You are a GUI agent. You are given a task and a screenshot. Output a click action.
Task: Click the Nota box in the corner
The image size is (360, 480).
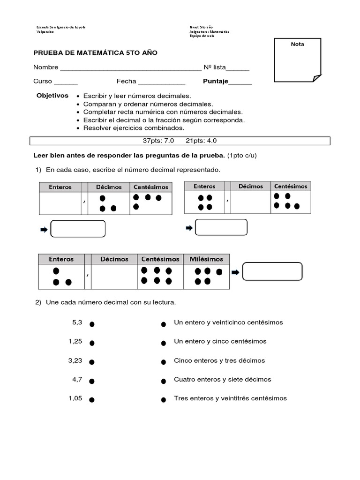[x=298, y=61]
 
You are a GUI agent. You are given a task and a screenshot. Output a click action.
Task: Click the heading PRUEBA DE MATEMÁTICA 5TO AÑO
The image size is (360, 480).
[x=95, y=52]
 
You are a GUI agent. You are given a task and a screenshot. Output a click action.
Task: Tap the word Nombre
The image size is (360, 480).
[x=45, y=67]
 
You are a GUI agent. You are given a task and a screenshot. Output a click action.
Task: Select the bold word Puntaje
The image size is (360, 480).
[x=216, y=81]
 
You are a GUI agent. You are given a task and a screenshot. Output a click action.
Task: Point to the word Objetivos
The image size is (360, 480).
[x=52, y=95]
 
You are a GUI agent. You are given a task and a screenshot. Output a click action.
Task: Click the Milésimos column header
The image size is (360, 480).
[x=206, y=259]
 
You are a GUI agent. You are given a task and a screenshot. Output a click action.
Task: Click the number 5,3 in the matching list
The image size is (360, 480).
[x=77, y=322]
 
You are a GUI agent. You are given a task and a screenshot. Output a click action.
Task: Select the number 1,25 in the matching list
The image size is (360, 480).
[x=75, y=341]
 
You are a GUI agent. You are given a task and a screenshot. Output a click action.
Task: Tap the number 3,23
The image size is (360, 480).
[x=75, y=360]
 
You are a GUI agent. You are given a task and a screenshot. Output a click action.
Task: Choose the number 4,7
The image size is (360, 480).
[x=77, y=379]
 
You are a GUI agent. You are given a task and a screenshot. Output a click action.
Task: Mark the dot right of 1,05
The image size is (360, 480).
[x=92, y=400]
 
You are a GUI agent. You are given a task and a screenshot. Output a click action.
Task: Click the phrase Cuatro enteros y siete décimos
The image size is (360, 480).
[x=222, y=379]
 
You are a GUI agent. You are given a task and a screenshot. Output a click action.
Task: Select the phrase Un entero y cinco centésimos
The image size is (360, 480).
[x=220, y=341]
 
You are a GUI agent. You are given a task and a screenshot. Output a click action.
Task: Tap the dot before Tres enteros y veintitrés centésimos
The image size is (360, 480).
[x=164, y=400]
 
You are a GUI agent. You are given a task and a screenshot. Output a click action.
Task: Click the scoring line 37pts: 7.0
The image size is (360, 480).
[x=158, y=141]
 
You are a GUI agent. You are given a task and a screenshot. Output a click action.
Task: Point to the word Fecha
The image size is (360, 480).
[x=126, y=81]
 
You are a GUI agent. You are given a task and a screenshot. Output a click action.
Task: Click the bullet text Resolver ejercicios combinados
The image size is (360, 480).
[x=134, y=127]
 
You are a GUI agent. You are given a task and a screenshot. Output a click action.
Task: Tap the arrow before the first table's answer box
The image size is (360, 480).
[x=44, y=229]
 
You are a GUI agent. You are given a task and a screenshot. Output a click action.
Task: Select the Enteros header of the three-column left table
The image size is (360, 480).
[x=60, y=187]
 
